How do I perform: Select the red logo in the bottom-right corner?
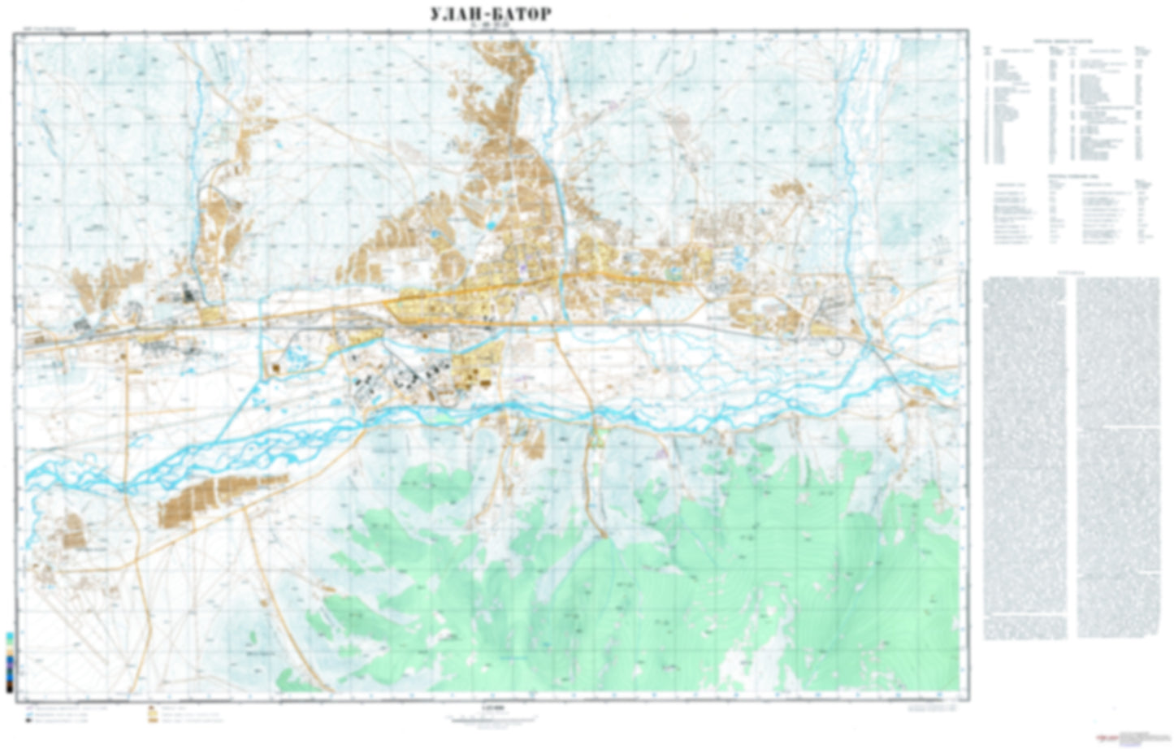1106,738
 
